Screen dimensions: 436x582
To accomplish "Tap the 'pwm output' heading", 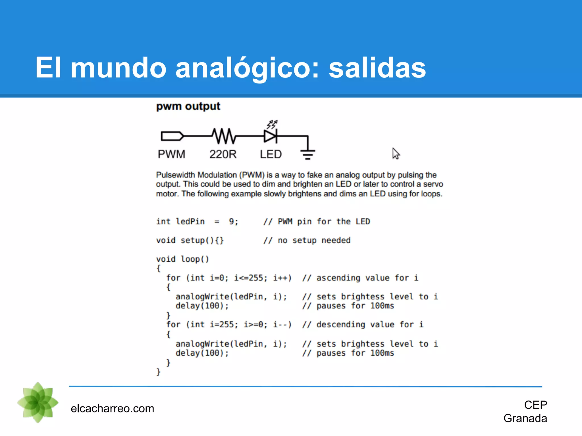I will [188, 106].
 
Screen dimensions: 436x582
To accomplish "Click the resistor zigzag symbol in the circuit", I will [224, 136].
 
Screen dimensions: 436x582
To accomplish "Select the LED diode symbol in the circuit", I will [270, 136].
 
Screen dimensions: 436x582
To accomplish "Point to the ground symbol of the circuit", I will [308, 154].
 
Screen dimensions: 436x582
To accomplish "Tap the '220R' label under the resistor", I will [223, 154].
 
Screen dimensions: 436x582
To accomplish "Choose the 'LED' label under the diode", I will [271, 154].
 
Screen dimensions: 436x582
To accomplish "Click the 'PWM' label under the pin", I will [171, 154].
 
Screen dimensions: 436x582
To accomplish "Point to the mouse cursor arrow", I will [396, 153].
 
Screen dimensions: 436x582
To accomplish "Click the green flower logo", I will [38, 402].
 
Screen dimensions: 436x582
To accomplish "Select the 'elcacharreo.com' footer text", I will [112, 408].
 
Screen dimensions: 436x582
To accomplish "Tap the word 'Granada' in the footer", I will [525, 418].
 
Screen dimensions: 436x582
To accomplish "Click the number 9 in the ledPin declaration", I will [232, 221].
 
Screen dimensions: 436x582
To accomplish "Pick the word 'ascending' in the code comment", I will [338, 278].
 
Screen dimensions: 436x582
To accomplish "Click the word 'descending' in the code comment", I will [341, 324].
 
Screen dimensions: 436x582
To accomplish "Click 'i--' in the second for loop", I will [280, 324].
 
